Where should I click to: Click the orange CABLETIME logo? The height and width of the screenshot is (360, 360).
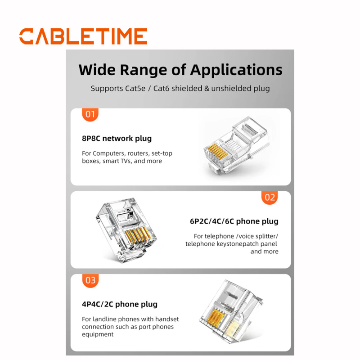pos(83,36)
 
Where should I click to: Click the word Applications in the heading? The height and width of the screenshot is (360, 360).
pos(236,70)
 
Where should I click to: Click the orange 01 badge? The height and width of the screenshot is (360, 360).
pos(90,114)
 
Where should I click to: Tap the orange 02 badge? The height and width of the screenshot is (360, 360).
pos(270,197)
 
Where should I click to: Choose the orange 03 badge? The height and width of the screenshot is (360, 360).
pos(90,280)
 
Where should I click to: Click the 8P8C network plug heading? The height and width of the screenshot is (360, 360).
pos(117,139)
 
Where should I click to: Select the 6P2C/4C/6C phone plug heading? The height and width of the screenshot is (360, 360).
pos(234,221)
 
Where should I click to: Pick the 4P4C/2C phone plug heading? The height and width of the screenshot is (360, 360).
pos(120,304)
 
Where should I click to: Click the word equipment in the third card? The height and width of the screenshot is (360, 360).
pos(98,334)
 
